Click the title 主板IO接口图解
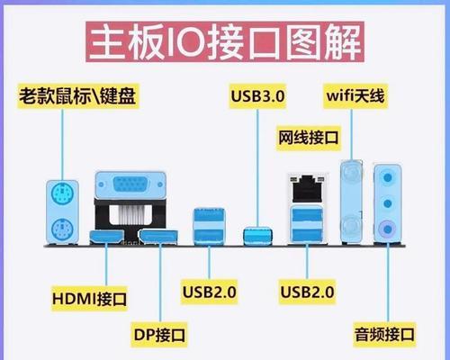click(x=225, y=42)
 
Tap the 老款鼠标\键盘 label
click(x=77, y=96)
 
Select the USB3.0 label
click(x=257, y=96)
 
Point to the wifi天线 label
click(x=355, y=96)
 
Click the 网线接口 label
click(x=309, y=138)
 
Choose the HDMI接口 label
click(x=89, y=299)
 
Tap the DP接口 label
click(x=159, y=335)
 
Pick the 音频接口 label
click(x=384, y=335)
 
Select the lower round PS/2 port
click(x=62, y=229)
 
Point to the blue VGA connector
click(x=130, y=184)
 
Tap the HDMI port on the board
click(x=107, y=237)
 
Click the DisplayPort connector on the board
click(x=158, y=237)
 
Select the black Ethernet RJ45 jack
click(x=307, y=188)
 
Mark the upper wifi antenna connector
click(x=351, y=173)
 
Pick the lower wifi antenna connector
click(x=351, y=225)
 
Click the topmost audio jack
click(x=388, y=177)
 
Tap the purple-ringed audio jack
click(x=388, y=229)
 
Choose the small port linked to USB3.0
click(x=258, y=236)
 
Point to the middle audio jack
click(x=388, y=203)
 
